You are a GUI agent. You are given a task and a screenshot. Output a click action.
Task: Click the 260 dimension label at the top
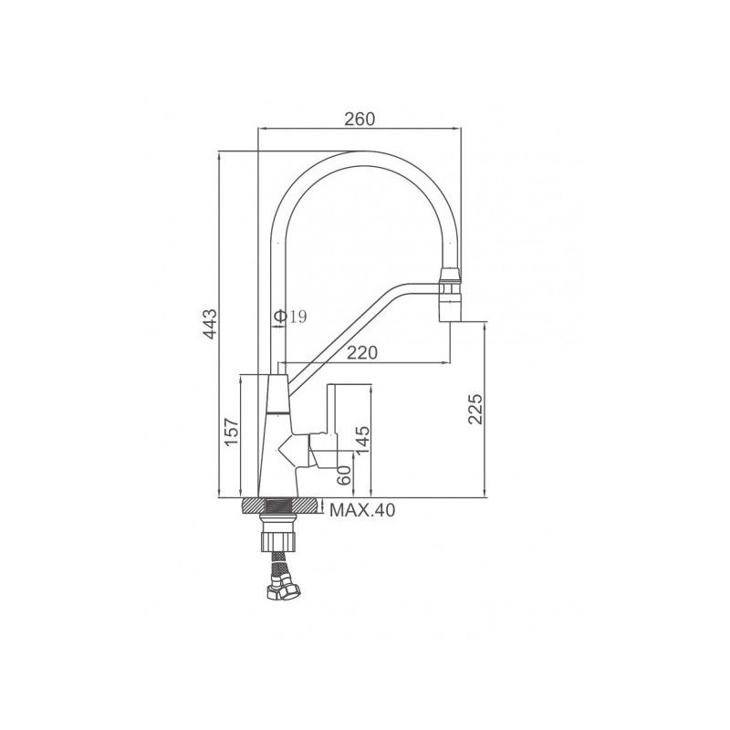(x=360, y=120)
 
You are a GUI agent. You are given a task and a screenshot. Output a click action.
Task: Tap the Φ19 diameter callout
(x=290, y=317)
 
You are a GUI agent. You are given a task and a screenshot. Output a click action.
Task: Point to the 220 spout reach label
(x=362, y=352)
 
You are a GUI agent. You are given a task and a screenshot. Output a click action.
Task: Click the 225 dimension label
(x=474, y=409)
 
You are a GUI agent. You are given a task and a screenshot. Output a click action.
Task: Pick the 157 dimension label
(x=232, y=433)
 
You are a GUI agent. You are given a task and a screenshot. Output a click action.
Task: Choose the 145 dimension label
(x=361, y=441)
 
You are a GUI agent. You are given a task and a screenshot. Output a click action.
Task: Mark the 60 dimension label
(x=344, y=474)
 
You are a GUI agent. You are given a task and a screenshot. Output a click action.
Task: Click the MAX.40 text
(x=361, y=510)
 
